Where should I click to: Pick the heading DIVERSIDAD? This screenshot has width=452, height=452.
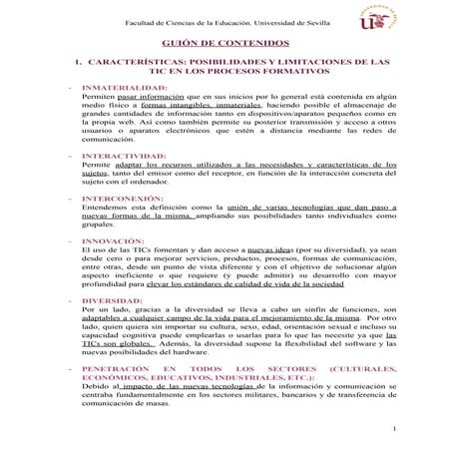[x=112, y=300]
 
